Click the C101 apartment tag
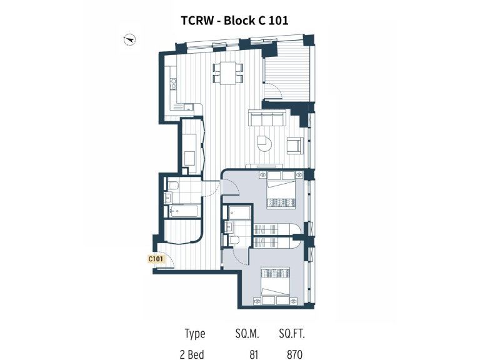(x=156, y=258)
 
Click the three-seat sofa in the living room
(x=267, y=119)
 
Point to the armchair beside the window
(x=294, y=146)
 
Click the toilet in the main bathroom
(x=174, y=185)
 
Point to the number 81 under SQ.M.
(x=254, y=354)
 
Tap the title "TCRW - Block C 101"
(x=234, y=20)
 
